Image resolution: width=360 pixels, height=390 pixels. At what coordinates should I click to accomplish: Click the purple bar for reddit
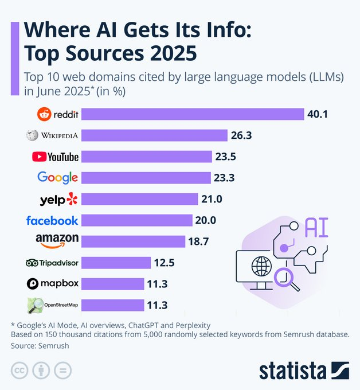click(193, 114)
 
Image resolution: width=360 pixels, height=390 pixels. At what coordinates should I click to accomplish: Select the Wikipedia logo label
click(52, 135)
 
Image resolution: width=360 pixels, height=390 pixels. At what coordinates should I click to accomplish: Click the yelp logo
click(58, 200)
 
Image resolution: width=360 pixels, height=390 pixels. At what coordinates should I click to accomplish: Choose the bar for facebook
click(136, 220)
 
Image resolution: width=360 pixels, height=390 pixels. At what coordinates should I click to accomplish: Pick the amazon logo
click(57, 241)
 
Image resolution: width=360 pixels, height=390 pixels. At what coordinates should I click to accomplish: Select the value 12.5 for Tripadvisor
click(164, 263)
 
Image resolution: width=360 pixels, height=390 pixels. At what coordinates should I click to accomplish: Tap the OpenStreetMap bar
click(112, 305)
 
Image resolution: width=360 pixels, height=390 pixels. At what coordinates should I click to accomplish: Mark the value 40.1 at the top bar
click(317, 114)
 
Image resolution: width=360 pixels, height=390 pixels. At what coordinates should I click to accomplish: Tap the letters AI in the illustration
click(316, 227)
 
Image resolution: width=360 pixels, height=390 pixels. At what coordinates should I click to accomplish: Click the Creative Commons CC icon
click(20, 370)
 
